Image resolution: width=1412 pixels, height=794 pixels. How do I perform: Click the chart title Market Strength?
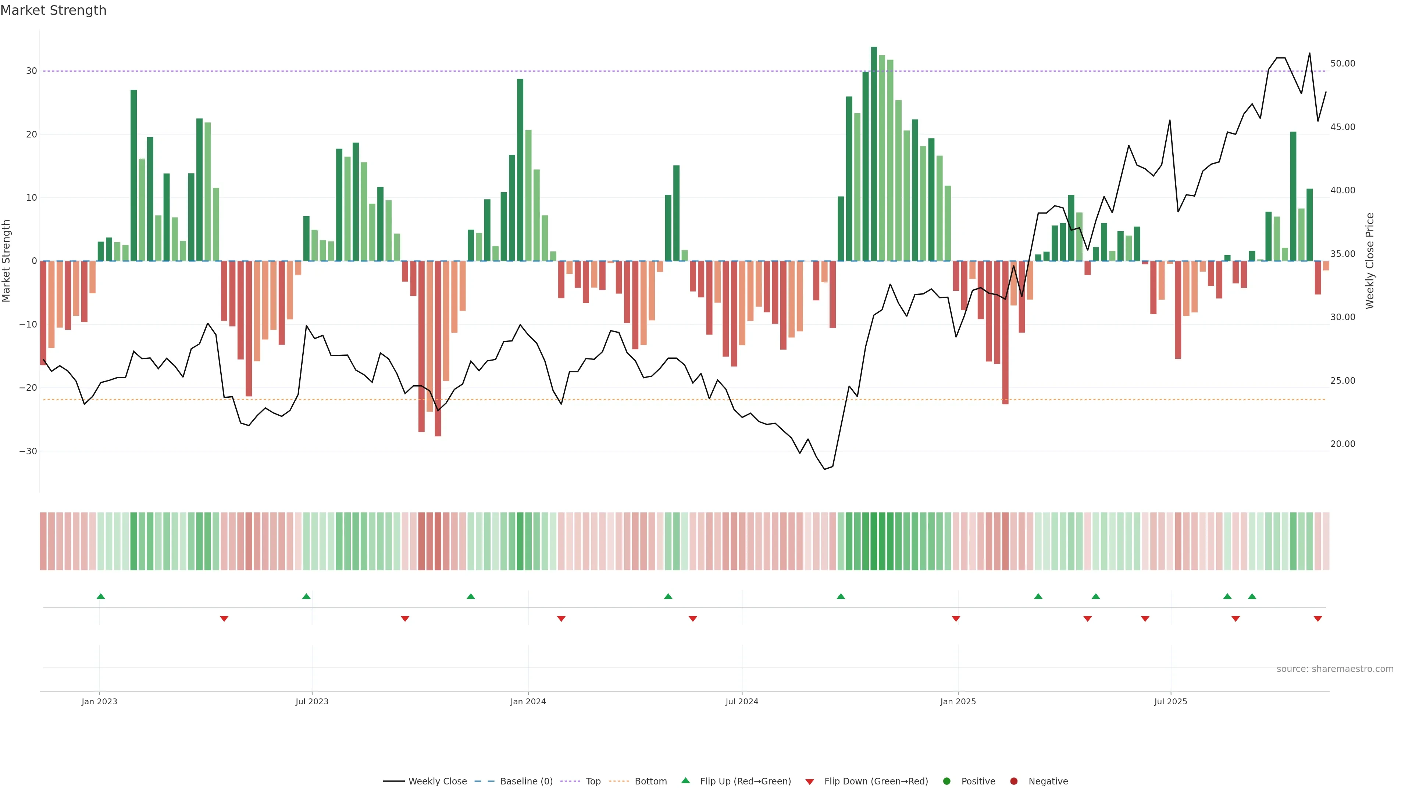[x=53, y=10]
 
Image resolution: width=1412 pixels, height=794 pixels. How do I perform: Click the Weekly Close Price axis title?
[x=1370, y=261]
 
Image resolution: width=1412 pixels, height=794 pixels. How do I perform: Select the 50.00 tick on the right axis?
[x=1343, y=64]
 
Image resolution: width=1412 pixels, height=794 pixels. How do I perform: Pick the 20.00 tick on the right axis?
[x=1343, y=444]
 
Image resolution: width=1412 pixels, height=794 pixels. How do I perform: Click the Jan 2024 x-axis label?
[x=528, y=701]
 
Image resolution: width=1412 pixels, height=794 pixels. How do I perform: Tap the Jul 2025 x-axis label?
[x=1170, y=701]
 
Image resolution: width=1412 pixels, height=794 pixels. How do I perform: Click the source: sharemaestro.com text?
[x=1335, y=669]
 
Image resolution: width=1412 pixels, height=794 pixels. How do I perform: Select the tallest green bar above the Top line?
[x=874, y=153]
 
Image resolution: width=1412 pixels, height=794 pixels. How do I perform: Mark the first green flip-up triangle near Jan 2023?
[x=101, y=596]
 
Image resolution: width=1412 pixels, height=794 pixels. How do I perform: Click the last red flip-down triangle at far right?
[x=1318, y=619]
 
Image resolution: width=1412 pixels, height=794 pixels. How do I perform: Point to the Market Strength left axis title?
[x=7, y=261]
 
